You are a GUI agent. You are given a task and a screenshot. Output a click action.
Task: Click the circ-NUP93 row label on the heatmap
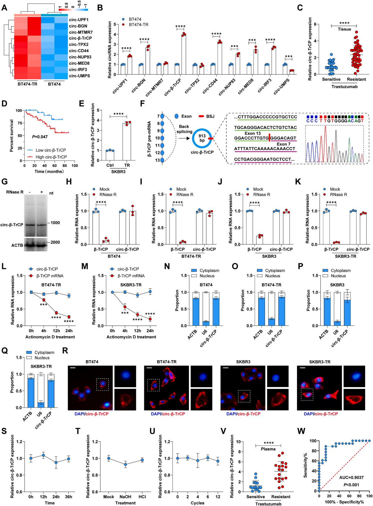80,57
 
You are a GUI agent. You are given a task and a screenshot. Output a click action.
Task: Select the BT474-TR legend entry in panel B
138,25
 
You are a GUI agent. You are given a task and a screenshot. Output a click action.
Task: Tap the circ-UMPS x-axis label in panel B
281,86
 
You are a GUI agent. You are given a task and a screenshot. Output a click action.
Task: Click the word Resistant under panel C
356,79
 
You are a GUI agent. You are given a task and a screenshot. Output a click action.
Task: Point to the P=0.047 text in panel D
40,137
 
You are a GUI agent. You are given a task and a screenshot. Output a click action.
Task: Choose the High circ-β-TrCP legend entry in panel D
51,157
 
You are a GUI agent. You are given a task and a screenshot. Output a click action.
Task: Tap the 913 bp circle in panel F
202,138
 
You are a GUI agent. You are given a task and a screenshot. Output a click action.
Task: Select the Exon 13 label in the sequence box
253,133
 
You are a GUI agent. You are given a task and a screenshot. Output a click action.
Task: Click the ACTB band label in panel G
17,245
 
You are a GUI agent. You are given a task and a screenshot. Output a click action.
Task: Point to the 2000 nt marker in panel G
55,242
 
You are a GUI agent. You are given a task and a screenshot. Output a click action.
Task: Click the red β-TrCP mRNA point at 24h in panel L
69,317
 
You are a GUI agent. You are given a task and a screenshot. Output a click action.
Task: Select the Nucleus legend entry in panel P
338,276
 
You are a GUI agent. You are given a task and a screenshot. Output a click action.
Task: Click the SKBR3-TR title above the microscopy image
319,362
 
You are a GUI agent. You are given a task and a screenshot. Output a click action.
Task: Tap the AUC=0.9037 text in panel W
351,477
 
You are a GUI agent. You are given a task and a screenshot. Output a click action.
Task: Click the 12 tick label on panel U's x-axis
218,497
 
